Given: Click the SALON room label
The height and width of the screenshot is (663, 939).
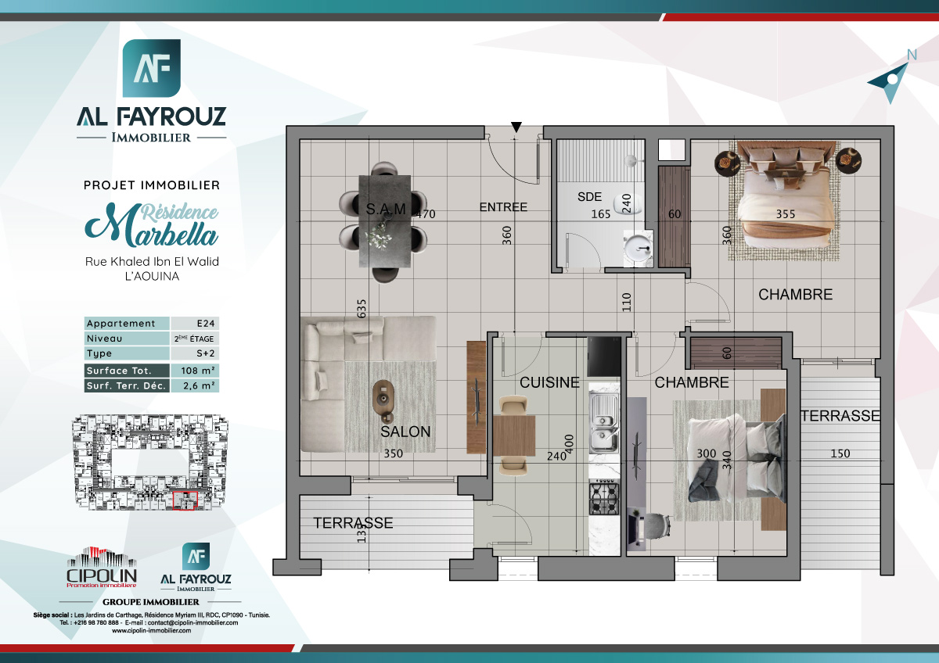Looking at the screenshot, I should coord(405,432).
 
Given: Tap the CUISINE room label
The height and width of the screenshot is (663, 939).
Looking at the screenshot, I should coord(550,382).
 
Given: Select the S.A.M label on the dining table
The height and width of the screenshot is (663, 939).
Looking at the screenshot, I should coord(386,209).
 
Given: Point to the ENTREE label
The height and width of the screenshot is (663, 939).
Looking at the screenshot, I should coord(503,207).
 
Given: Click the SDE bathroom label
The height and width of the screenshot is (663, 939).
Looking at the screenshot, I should coord(590,197).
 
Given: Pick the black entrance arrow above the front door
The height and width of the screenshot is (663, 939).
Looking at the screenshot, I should coord(516,127).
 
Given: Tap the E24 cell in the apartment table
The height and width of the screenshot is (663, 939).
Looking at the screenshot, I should coord(194,324).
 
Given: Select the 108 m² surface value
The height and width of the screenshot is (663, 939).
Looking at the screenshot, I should coord(194,371).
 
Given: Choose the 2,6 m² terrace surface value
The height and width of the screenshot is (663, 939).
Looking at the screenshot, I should coord(194,386).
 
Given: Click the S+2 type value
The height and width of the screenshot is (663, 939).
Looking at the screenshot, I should coord(194,355).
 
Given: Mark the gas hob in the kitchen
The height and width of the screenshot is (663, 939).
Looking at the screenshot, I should coord(603,498).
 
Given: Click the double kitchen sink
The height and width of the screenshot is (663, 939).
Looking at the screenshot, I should coord(603,421).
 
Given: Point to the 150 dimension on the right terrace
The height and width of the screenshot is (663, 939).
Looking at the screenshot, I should coord(840,453).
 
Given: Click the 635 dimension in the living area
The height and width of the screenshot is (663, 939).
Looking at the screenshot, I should coord(362,309).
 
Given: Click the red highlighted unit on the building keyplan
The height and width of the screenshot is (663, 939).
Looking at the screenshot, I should coord(185,500).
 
